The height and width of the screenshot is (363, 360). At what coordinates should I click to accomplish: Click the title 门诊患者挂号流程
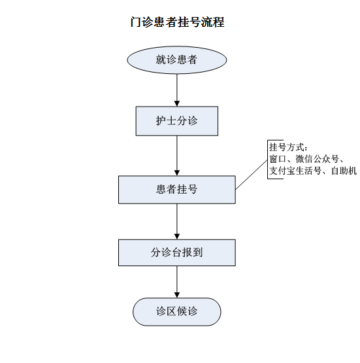coord(177,22)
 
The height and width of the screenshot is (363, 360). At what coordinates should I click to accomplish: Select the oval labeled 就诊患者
coord(177,60)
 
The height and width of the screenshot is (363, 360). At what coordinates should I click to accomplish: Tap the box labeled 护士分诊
coord(177,121)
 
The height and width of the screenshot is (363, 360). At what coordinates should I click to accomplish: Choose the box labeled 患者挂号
coord(177,190)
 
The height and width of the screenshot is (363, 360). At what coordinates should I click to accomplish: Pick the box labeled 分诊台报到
coord(177,252)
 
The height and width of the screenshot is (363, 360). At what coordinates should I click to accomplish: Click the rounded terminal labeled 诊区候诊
coord(177,312)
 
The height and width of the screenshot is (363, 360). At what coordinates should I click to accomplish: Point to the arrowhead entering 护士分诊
coord(177,104)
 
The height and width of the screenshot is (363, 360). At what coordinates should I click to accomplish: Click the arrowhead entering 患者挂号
coord(177,173)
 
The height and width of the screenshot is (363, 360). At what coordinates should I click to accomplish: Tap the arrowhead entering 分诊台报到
coord(177,237)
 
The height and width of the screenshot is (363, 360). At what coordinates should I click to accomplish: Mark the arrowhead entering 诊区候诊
coord(177,295)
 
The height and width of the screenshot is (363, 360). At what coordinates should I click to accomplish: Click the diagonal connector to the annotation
coord(252,175)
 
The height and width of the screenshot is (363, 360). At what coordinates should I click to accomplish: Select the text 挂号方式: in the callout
coord(289,147)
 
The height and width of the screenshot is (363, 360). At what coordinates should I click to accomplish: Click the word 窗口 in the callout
coord(278,159)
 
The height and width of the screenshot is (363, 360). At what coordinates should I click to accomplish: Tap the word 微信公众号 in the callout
coord(318,159)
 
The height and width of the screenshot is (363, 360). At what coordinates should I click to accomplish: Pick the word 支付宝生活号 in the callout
coord(295,171)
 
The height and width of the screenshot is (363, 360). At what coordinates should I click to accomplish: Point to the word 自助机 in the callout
coord(344,171)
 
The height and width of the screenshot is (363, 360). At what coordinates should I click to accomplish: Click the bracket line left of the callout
coord(268,160)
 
